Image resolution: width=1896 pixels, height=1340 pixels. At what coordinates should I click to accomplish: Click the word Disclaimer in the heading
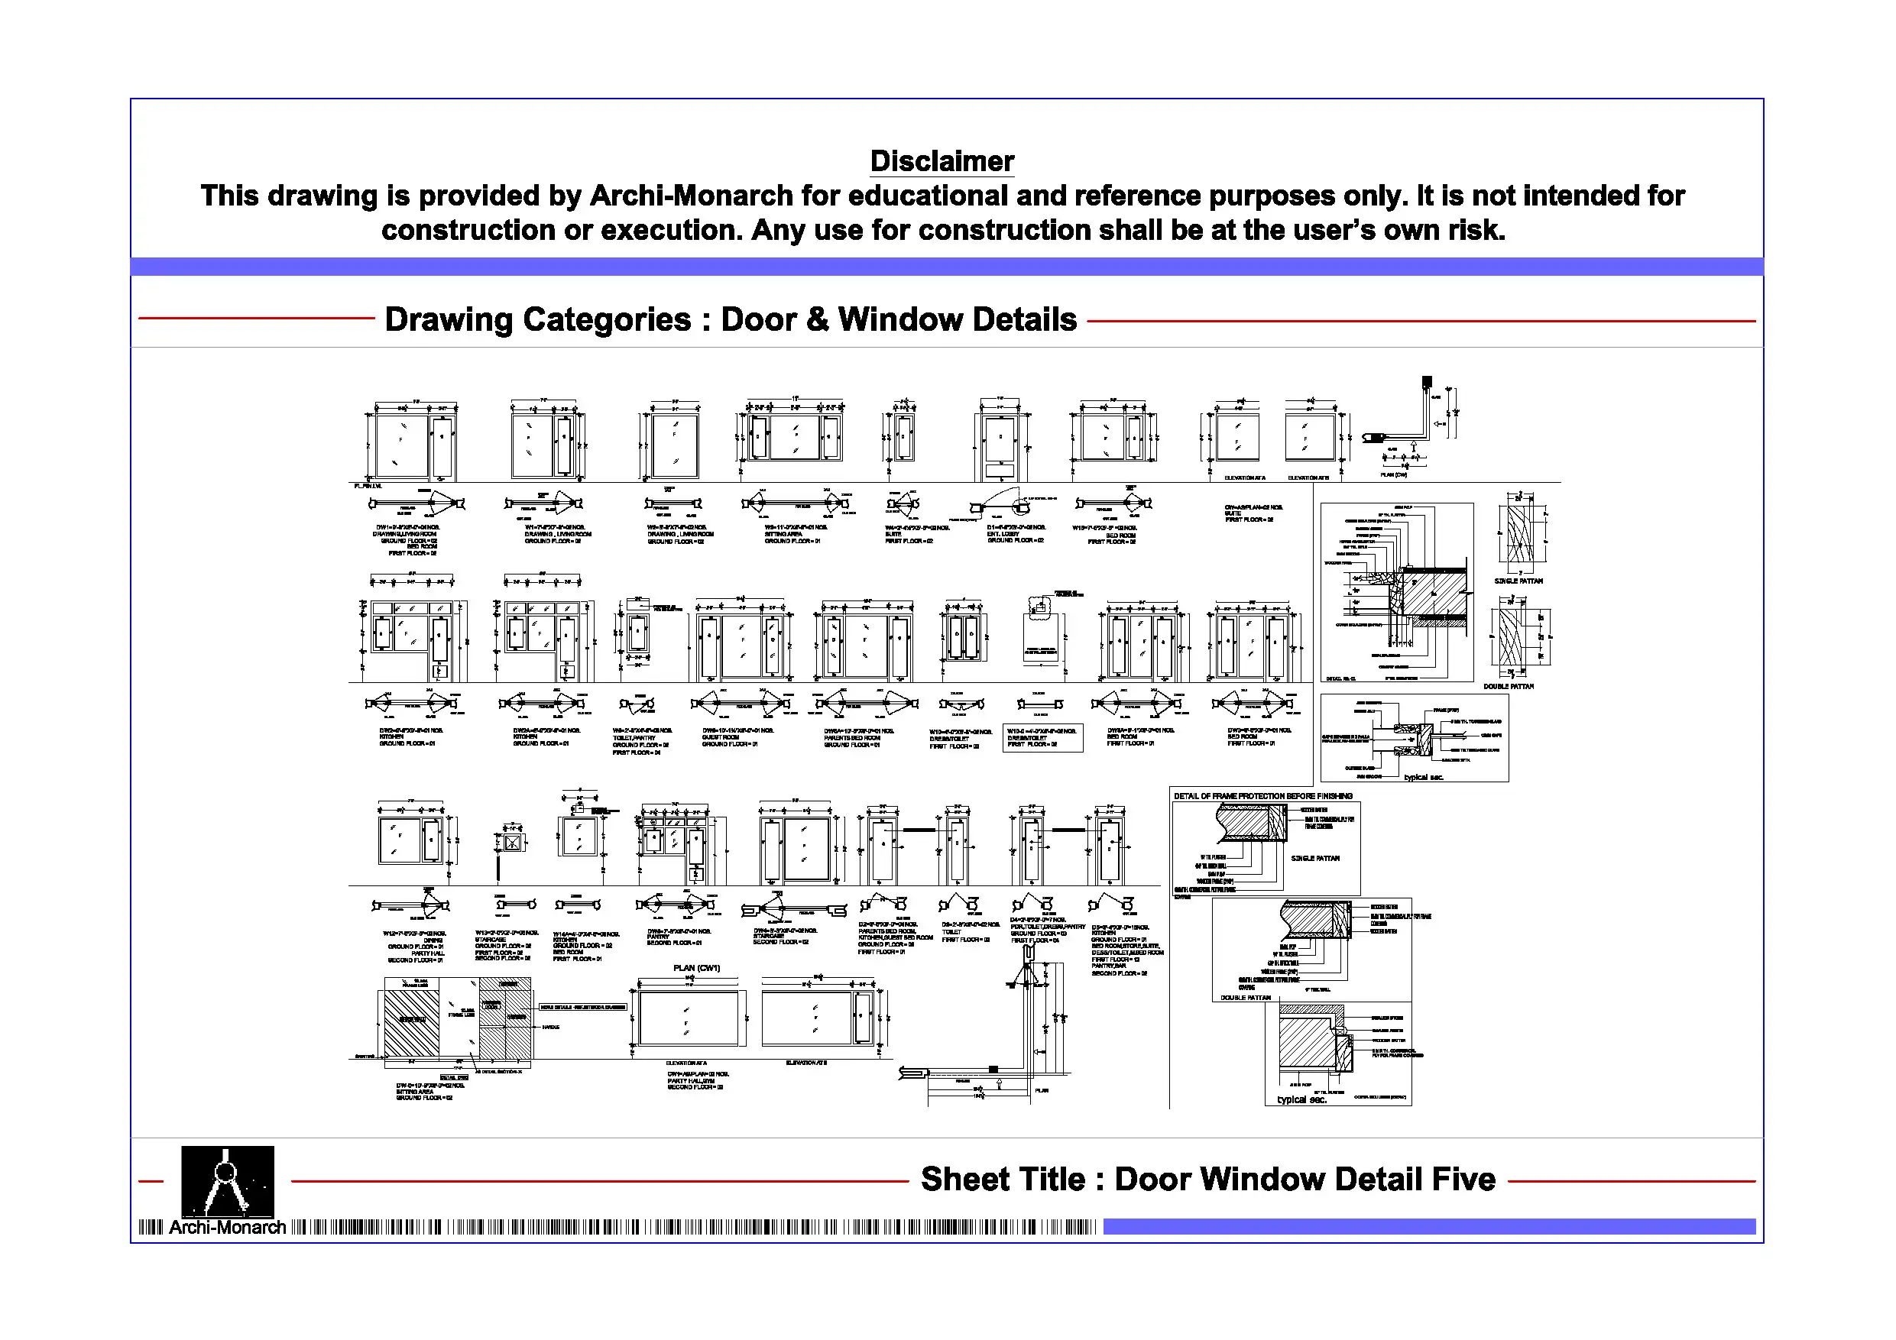click(x=942, y=161)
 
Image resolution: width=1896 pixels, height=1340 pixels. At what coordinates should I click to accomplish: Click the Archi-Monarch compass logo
click(x=227, y=1180)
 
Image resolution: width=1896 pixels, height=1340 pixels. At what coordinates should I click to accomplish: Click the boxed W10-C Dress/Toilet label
click(x=1042, y=737)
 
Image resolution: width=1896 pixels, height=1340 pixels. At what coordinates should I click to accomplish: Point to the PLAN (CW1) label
click(x=696, y=968)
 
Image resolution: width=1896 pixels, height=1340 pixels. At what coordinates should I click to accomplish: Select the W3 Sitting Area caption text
click(x=795, y=534)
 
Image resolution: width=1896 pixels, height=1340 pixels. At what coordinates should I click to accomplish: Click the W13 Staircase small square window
click(x=513, y=843)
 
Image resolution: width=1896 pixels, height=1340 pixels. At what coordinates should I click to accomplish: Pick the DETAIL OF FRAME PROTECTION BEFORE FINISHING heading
click(x=1262, y=796)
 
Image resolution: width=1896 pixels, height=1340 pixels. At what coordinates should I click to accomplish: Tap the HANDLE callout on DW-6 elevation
click(x=550, y=1027)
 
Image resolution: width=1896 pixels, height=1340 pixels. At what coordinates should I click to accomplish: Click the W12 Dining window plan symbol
click(x=411, y=906)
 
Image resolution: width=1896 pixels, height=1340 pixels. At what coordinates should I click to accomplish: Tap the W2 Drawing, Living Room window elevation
click(x=675, y=444)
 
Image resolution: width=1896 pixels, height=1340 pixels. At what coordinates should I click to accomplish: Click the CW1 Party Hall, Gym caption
click(x=698, y=1080)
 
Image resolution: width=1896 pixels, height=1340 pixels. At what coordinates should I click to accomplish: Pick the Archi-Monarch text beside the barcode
click(x=227, y=1228)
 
